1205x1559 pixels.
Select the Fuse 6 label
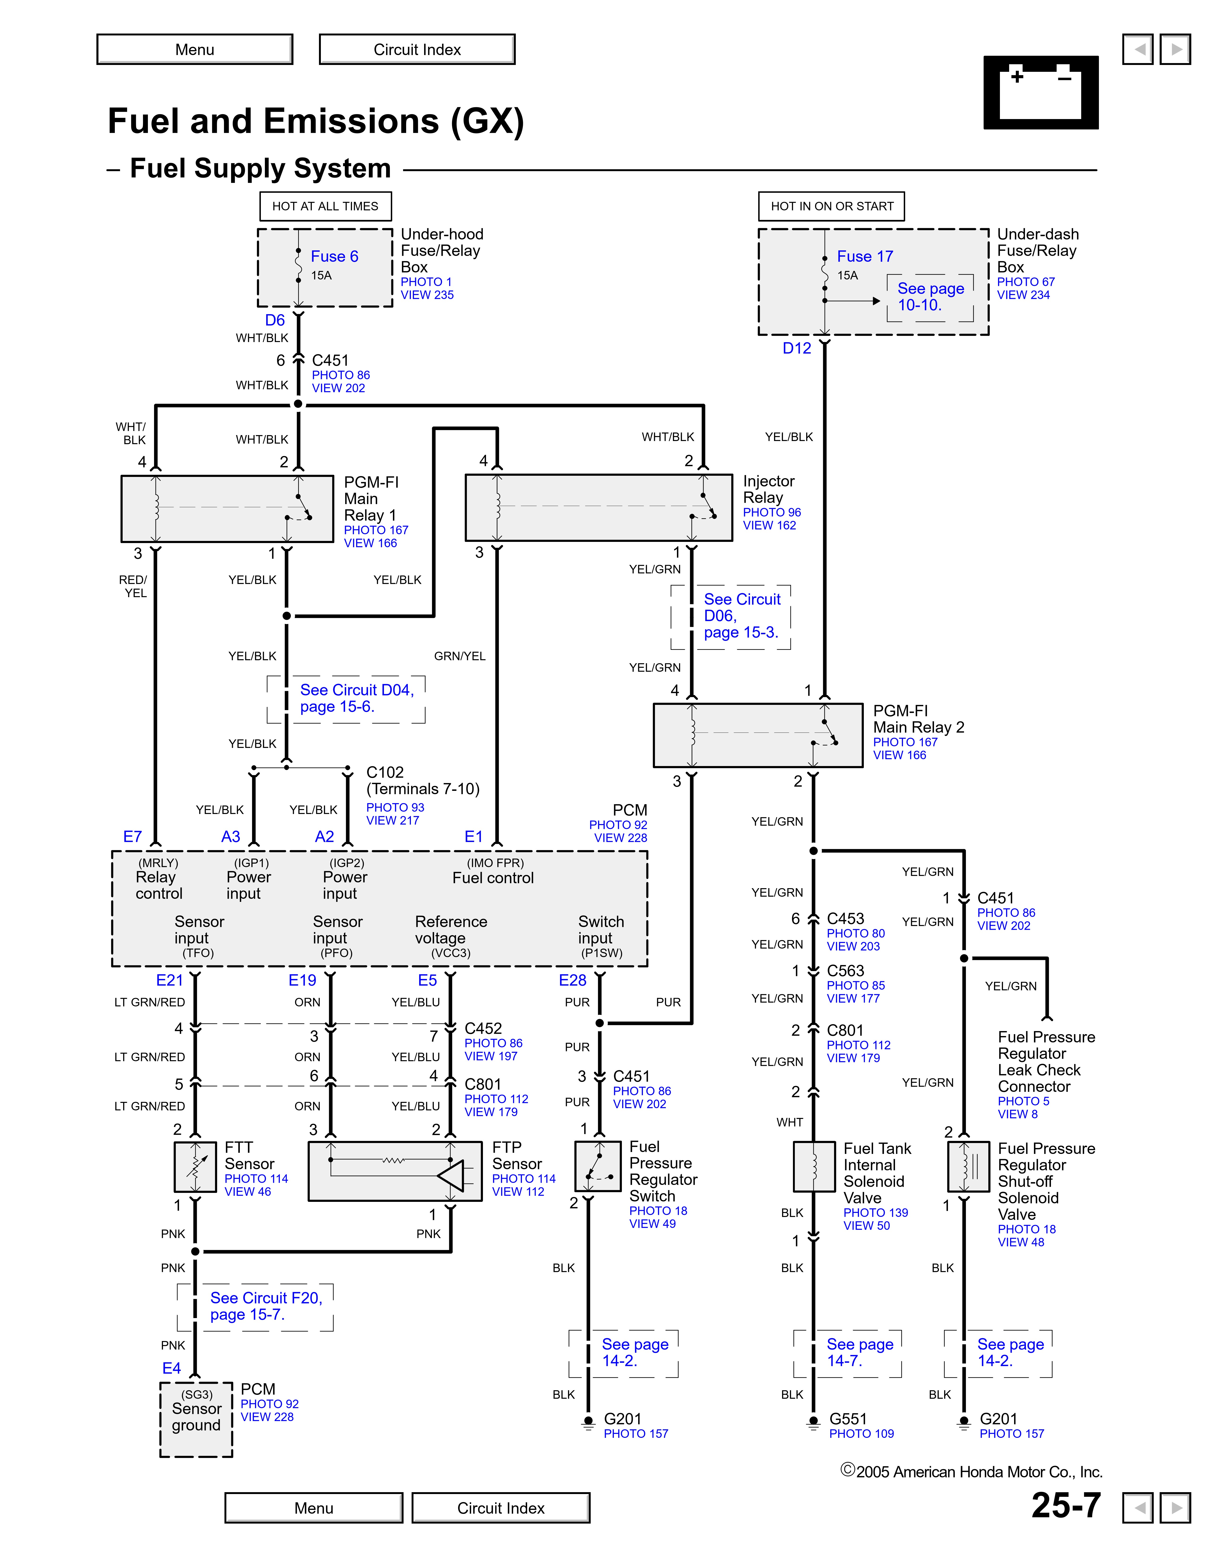(x=334, y=256)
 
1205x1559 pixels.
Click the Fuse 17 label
(x=865, y=256)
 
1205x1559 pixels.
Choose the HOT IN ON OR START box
(x=832, y=206)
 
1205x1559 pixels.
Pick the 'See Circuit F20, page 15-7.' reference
(x=266, y=1306)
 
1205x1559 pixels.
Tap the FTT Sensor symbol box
(x=195, y=1166)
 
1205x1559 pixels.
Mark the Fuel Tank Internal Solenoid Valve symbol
(x=814, y=1166)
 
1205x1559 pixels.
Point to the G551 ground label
(x=847, y=1419)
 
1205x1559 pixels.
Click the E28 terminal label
(x=572, y=980)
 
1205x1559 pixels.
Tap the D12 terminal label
(x=797, y=348)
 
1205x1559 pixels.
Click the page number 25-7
(x=1066, y=1505)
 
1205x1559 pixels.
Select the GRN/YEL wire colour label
(x=460, y=656)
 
